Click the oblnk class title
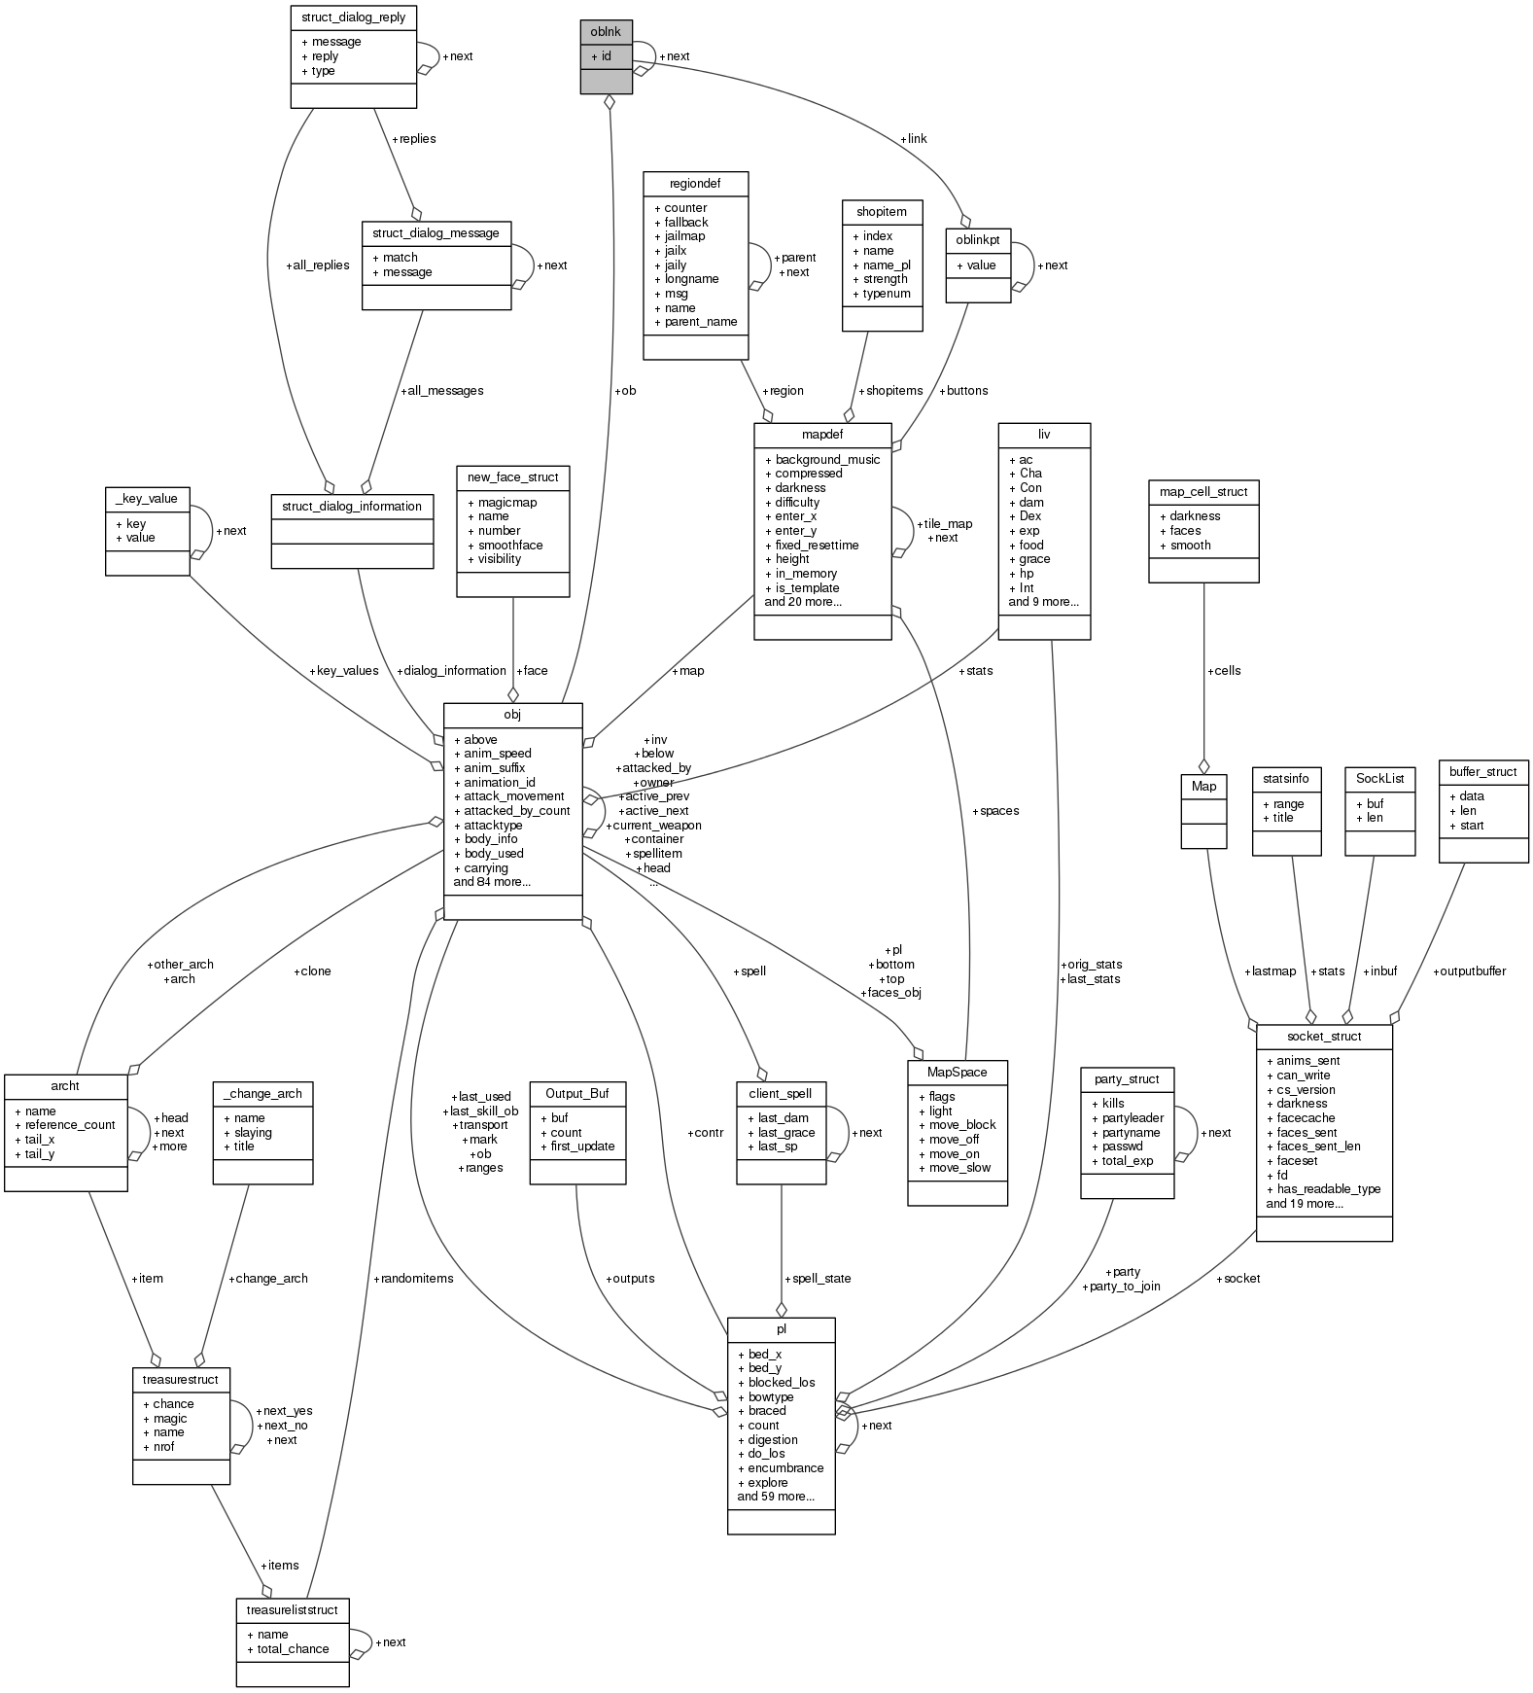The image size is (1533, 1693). coord(606,32)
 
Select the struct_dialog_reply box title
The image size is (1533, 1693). coord(354,18)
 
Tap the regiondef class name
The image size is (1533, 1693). coord(695,183)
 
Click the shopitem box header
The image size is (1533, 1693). coord(882,211)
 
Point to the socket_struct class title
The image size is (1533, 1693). coord(1324,1037)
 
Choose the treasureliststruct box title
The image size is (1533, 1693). coord(292,1610)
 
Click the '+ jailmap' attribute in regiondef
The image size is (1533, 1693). coord(679,236)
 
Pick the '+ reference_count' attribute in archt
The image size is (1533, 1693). coord(65,1125)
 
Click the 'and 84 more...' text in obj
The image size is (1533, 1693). coord(492,882)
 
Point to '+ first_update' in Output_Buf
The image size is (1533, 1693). coord(577,1146)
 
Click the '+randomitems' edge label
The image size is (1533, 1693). coord(413,1278)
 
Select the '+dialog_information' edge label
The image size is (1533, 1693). coord(451,671)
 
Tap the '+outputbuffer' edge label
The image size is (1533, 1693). coord(1469,971)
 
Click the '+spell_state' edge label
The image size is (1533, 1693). coord(818,1279)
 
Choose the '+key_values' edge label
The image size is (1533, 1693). coord(343,671)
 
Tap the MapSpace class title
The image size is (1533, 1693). coord(958,1073)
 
